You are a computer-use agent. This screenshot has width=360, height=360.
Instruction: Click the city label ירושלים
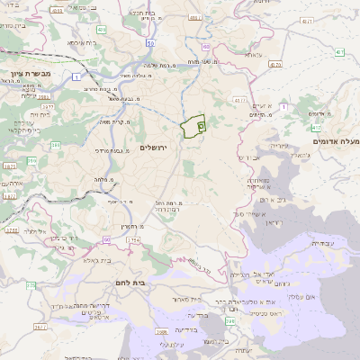click(155, 147)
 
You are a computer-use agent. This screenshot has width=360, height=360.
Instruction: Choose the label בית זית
click(40, 115)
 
